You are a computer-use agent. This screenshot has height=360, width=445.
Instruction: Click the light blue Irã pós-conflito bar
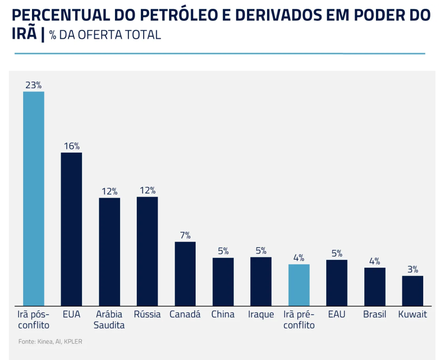[33, 199]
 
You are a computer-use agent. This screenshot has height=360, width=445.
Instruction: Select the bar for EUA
[71, 229]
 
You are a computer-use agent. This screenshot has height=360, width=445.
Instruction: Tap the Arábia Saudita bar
[109, 252]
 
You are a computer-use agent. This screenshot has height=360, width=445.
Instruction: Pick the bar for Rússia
[147, 251]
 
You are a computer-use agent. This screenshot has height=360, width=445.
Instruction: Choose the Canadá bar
[185, 274]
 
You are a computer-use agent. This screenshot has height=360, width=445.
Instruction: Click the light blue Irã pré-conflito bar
[299, 285]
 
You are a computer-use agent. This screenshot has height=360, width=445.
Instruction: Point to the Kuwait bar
[413, 291]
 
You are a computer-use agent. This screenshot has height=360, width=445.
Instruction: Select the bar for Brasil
[375, 287]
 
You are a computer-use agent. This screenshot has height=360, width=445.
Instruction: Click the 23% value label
[33, 85]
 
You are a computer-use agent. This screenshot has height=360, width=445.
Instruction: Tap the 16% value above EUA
[72, 146]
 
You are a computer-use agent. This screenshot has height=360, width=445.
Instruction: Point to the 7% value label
[185, 235]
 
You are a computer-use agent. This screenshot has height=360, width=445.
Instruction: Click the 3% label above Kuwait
[413, 269]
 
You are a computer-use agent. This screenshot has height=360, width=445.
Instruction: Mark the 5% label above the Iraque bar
[261, 251]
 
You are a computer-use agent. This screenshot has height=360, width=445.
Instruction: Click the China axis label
[223, 314]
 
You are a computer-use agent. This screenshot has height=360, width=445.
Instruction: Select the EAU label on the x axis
[337, 314]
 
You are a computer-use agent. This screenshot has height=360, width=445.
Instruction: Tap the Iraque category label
[261, 315]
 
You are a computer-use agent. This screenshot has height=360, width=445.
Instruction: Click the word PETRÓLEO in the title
[178, 15]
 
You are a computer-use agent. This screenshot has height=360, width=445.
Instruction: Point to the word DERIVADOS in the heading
[279, 15]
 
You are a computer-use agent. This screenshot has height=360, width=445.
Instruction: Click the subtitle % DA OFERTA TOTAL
[105, 35]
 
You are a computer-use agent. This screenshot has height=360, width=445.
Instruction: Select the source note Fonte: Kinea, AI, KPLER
[50, 341]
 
